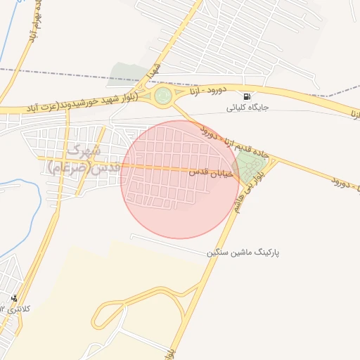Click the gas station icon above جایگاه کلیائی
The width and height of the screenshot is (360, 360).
tap(246, 96)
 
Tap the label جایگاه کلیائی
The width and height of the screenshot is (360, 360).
tap(247, 108)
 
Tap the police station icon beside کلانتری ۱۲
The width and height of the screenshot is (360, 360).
tap(15, 298)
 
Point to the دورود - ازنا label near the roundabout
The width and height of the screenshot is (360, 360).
tap(205, 91)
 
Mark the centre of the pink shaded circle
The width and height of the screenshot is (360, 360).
tap(180, 179)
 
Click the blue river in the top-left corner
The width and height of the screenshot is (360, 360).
tap(10, 35)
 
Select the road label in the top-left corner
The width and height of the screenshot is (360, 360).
tap(32, 28)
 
